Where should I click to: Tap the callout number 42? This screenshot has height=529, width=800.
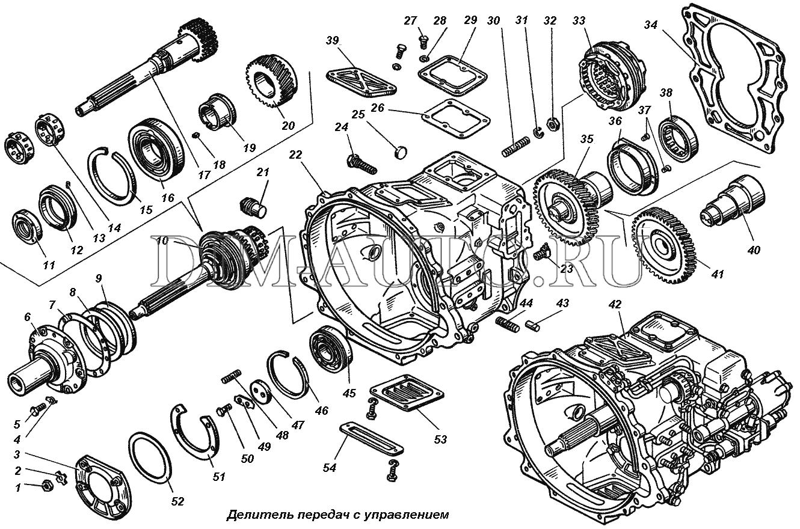click(x=614, y=305)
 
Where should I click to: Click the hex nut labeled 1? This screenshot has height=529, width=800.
click(x=46, y=485)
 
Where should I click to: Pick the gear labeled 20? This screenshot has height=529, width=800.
click(x=272, y=81)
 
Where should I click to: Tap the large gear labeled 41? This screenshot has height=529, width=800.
click(x=665, y=246)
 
